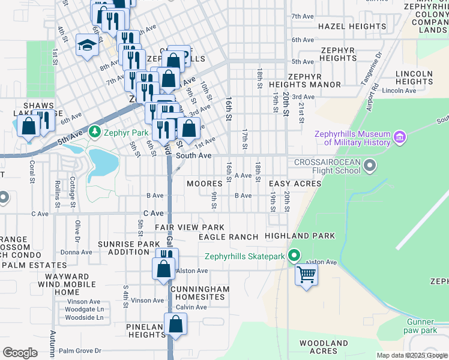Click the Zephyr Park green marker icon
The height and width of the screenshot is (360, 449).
coord(94,131)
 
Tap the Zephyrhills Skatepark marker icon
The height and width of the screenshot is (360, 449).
coord(294,256)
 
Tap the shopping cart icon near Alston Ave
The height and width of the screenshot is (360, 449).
coord(306,275)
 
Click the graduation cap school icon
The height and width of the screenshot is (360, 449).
coord(87,46)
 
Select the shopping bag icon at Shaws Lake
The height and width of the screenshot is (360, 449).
coord(28,127)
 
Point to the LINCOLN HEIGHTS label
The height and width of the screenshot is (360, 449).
coord(414,77)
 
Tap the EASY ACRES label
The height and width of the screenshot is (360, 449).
coord(295,183)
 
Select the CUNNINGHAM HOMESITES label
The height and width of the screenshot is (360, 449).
coord(191,293)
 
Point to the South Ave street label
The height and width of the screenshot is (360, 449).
coord(193,155)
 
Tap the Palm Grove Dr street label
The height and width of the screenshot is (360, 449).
coord(81,350)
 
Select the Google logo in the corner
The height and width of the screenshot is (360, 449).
coord(20,352)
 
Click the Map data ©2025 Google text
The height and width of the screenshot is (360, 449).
coord(411,355)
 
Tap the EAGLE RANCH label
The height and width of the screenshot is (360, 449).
coord(228,237)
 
